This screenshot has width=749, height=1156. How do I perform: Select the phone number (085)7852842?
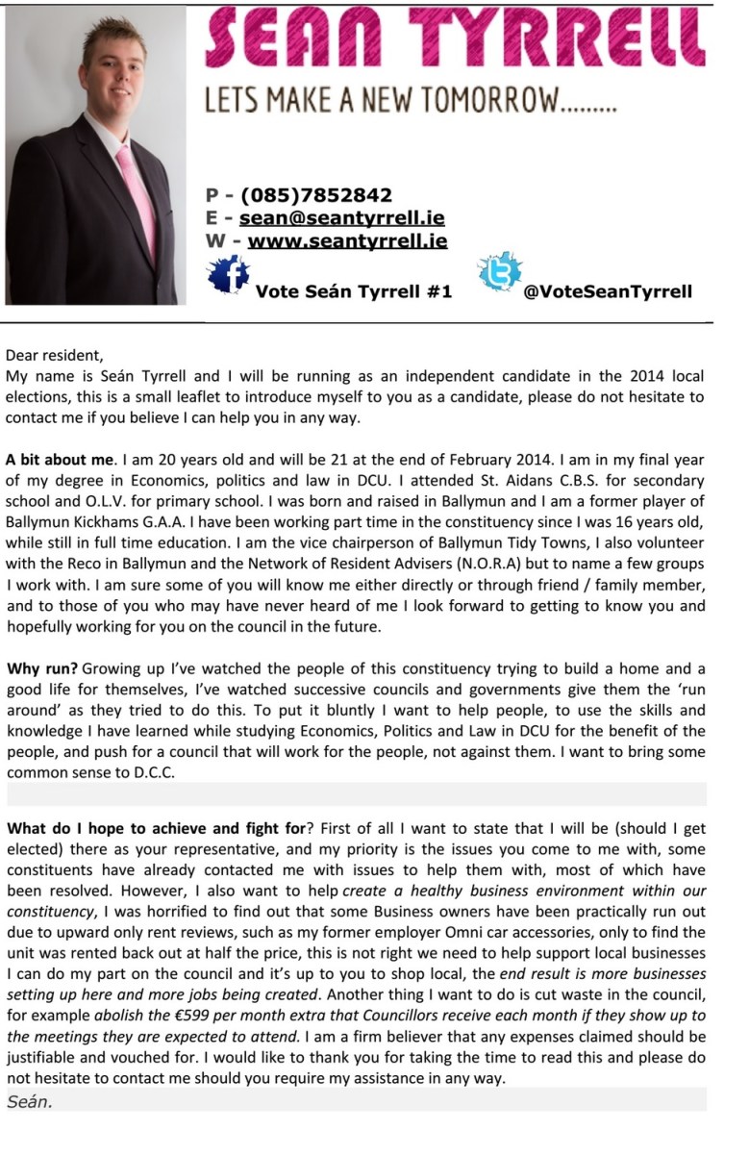tap(316, 196)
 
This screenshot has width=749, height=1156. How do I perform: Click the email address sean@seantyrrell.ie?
tap(341, 218)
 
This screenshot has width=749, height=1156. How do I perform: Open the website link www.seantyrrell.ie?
tap(347, 240)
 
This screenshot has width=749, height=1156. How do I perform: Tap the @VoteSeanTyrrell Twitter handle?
tap(607, 291)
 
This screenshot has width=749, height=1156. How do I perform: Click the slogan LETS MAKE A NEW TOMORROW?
tap(410, 99)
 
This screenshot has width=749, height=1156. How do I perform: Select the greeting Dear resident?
tap(60, 356)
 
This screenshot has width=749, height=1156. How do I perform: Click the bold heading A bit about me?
tap(60, 459)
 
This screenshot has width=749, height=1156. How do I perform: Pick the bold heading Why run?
tap(42, 668)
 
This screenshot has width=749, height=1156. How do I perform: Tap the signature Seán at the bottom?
tap(30, 1101)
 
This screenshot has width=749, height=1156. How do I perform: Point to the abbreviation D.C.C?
tap(150, 773)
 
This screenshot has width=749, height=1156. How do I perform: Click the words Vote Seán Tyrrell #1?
tap(353, 291)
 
